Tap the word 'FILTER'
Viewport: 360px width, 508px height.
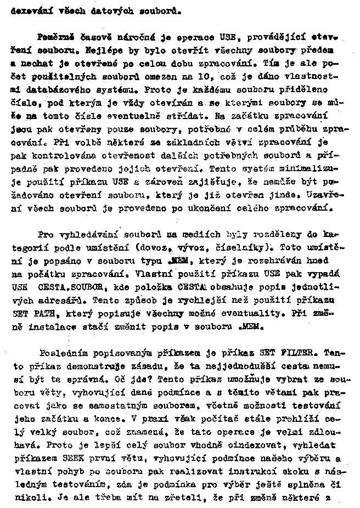[301, 351]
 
